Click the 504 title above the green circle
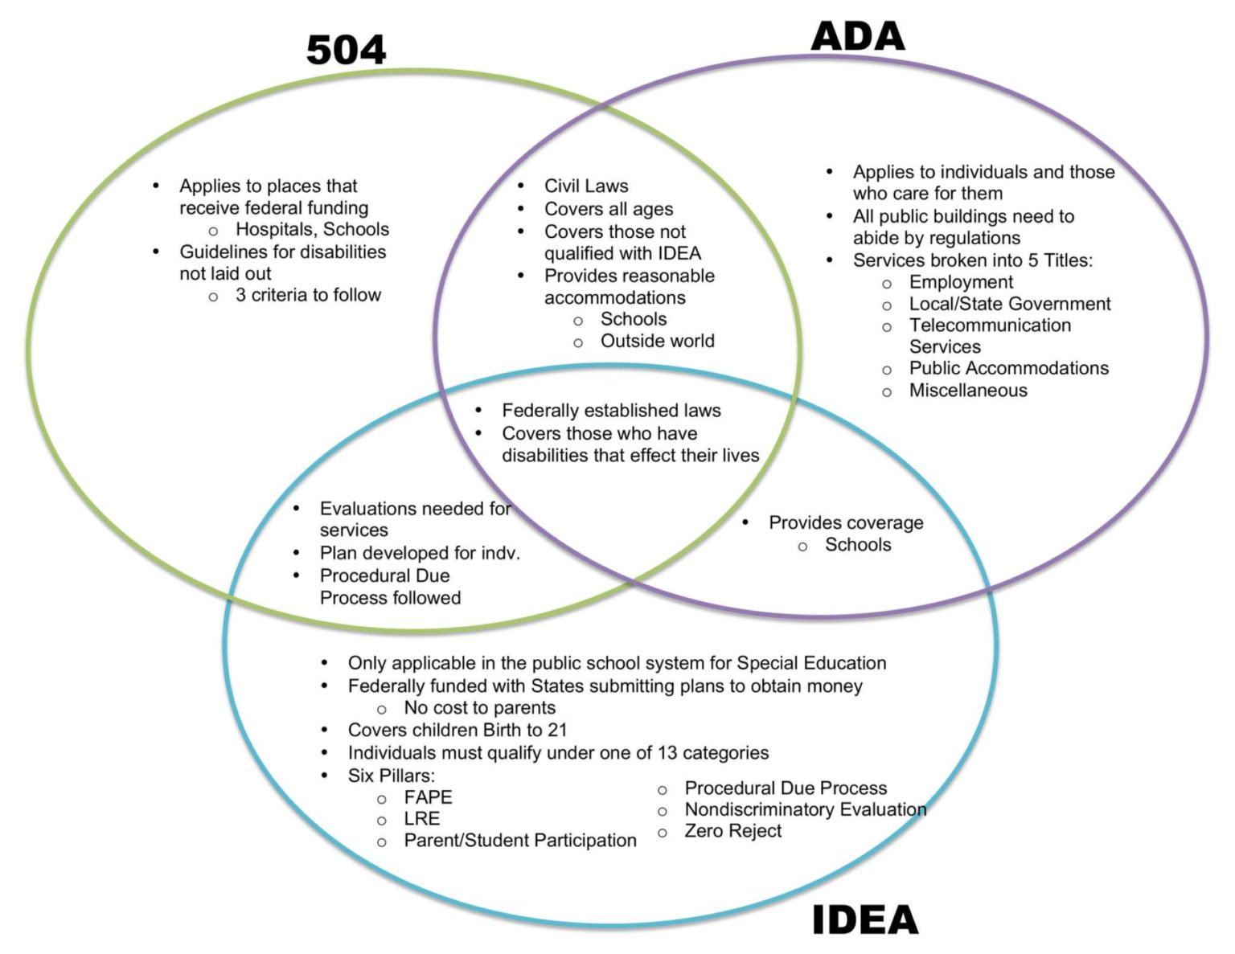point(346,50)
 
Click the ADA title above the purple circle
point(857,37)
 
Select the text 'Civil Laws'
point(586,186)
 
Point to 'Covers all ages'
point(609,209)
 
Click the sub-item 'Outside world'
point(657,341)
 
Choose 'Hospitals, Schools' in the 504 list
point(312,230)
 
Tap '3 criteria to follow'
point(308,295)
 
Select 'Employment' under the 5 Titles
point(961,282)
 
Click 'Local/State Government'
point(1010,304)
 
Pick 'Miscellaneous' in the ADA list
point(968,391)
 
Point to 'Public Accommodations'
point(1008,368)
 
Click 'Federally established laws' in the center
point(611,411)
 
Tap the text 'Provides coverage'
point(846,523)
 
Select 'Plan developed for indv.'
point(420,553)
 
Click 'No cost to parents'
point(479,708)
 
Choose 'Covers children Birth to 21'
point(457,731)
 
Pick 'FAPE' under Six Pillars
point(428,797)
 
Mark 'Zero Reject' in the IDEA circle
point(732,831)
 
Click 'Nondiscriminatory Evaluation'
point(805,809)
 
